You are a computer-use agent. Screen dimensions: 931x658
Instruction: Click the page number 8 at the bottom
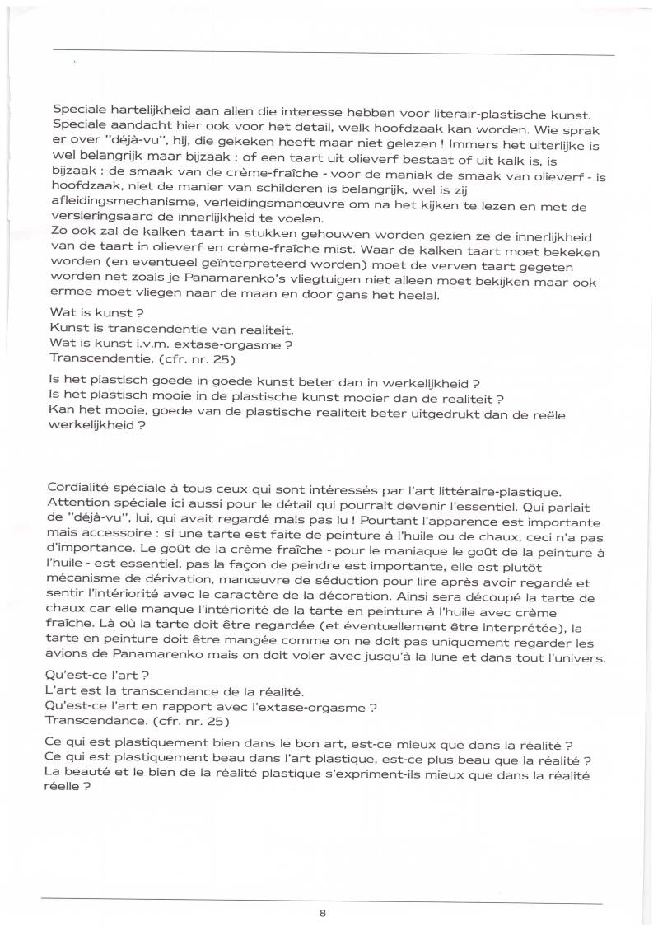(x=323, y=912)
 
